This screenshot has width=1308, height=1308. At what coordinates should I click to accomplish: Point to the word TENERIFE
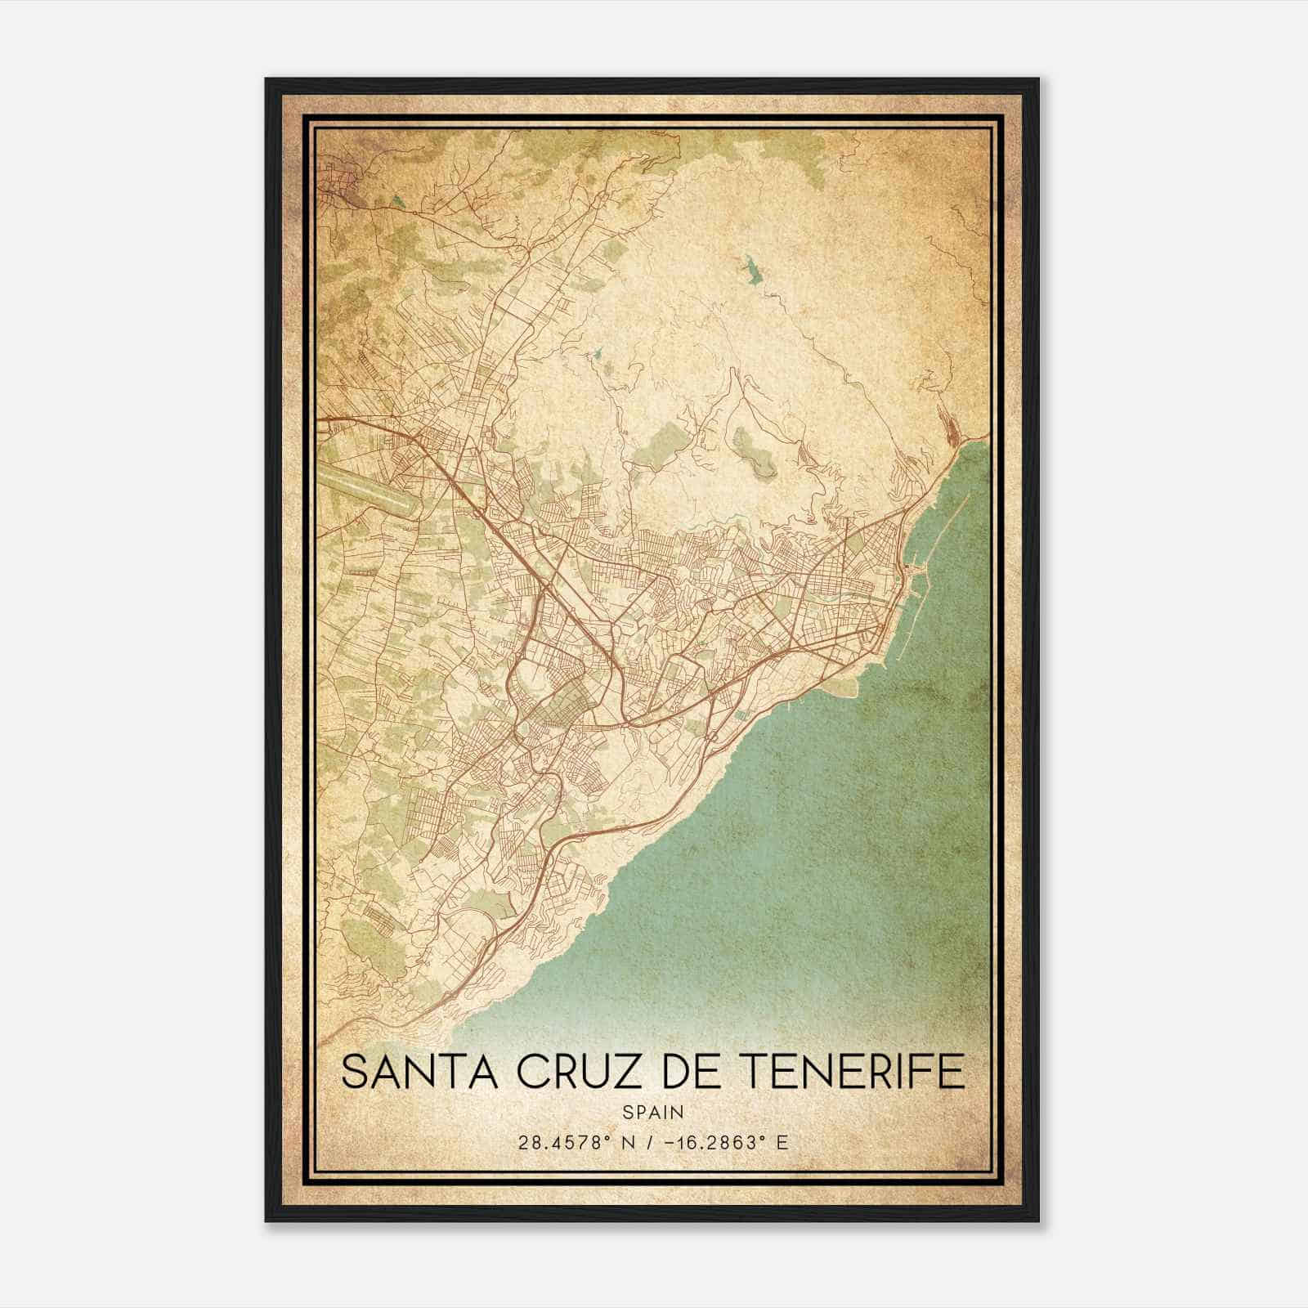856,1072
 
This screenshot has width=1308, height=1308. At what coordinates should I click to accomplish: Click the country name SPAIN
652,1112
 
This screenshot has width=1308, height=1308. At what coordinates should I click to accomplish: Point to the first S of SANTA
353,1072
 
